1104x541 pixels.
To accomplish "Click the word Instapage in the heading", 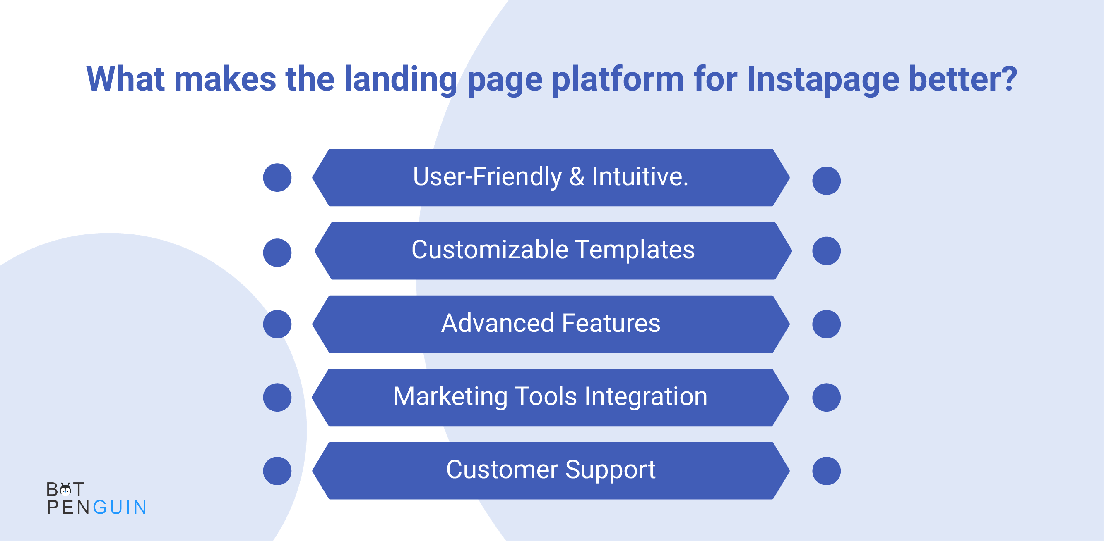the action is pos(823,80).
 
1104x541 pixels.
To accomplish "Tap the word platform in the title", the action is pos(618,80).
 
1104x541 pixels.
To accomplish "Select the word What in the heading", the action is pos(125,79).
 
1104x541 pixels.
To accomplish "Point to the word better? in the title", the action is pos(962,79).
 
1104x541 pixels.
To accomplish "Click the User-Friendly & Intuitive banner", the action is pos(551,178).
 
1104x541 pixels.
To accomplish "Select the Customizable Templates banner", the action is pos(553,251).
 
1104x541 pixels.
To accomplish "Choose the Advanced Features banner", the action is pos(551,324).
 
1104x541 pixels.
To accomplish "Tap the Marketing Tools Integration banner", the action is pos(550,397).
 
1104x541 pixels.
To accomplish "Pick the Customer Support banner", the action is pos(551,471).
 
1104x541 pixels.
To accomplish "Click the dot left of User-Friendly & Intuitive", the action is pos(277,178).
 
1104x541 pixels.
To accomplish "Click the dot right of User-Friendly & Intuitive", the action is pos(826,181).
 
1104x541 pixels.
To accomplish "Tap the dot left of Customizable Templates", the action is pos(277,253).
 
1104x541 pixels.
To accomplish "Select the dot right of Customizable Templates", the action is pos(826,251).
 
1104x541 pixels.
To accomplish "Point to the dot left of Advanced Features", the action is pos(277,324).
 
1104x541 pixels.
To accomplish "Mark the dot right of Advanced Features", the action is pos(826,324).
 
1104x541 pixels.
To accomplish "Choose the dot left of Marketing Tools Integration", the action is pos(277,397).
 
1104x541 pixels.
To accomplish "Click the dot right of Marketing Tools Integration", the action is pos(826,397).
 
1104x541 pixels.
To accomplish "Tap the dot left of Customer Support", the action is pos(277,471).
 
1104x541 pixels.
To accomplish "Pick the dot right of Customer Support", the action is pos(826,471).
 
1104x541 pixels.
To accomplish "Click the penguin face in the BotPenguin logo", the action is pos(65,489).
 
